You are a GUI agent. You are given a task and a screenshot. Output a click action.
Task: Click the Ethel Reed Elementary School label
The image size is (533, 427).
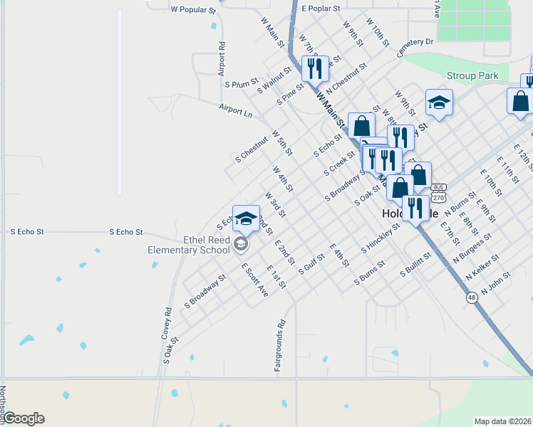click(188, 246)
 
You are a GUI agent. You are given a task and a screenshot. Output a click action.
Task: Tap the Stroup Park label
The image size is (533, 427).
click(472, 75)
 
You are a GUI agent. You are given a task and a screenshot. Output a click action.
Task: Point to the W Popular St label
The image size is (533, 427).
click(193, 11)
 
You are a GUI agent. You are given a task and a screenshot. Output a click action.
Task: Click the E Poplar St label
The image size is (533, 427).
click(322, 9)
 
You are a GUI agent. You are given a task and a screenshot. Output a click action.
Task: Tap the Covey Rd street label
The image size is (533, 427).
click(167, 322)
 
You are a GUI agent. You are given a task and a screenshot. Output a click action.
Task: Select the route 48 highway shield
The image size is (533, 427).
click(472, 298)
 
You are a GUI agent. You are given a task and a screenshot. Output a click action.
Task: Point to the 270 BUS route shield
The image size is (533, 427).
click(439, 191)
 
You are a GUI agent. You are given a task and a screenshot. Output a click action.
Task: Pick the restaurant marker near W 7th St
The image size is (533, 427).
click(314, 69)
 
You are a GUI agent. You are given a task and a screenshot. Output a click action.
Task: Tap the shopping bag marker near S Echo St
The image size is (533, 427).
click(361, 125)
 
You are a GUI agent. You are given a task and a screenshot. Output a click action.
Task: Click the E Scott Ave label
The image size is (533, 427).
click(254, 280)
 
